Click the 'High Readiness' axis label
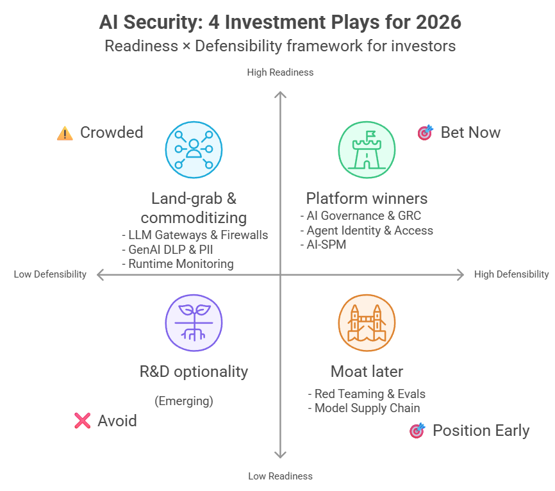click(280, 72)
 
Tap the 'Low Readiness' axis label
click(280, 476)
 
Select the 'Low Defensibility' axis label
click(50, 274)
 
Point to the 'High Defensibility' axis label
click(511, 274)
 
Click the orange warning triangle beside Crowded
click(65, 133)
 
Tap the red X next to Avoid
click(82, 420)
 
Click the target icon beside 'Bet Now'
click(425, 133)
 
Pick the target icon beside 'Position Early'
click(417, 431)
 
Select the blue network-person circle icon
click(194, 149)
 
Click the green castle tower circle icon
click(367, 149)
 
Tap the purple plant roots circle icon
click(194, 322)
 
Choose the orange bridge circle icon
click(367, 322)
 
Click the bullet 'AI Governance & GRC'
click(363, 216)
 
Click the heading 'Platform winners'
click(367, 198)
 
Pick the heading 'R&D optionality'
click(194, 371)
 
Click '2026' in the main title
click(437, 22)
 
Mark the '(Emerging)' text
click(184, 401)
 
